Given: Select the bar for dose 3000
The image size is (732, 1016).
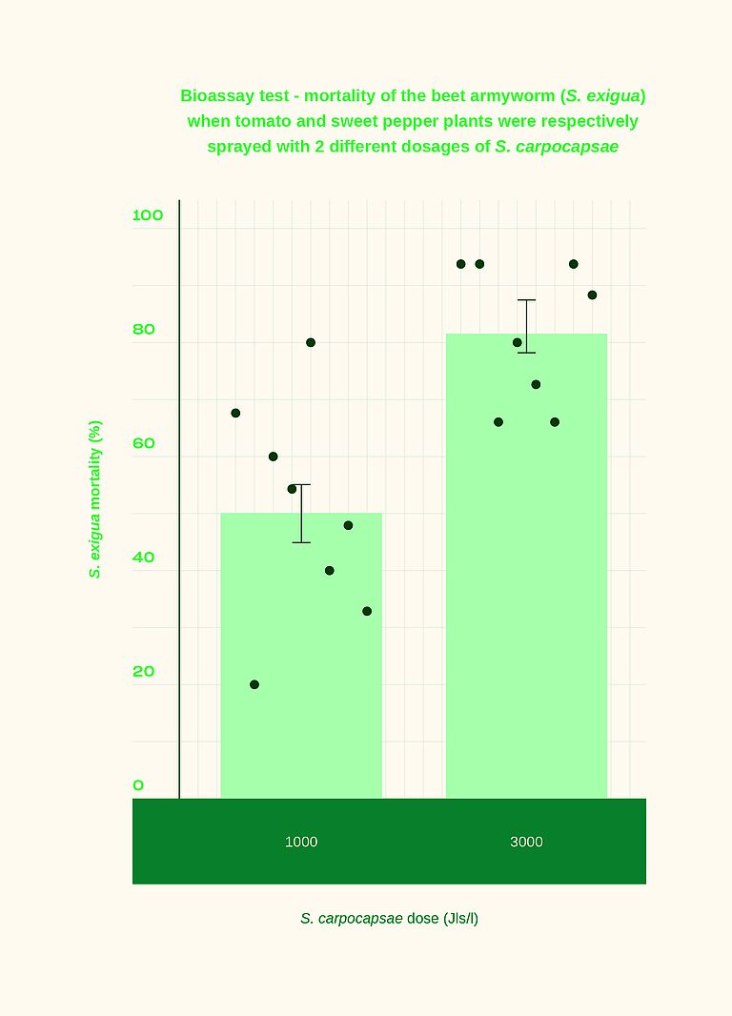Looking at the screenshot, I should [x=526, y=572].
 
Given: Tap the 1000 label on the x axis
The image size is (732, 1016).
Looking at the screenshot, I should [x=301, y=842].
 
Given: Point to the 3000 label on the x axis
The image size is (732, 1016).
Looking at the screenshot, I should [x=526, y=842].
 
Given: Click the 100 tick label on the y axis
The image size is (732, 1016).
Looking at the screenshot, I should [x=148, y=215].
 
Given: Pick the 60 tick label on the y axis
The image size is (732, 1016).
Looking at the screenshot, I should [x=143, y=443].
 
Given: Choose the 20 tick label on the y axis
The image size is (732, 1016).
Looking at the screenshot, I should [x=143, y=672].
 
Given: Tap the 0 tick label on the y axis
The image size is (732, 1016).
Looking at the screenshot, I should [x=138, y=785].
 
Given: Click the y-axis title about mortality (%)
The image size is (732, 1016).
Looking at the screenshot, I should [x=95, y=498].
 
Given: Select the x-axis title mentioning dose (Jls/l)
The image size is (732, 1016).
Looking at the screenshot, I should [x=389, y=919].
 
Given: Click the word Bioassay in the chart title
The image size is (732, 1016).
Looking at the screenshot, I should [x=218, y=96].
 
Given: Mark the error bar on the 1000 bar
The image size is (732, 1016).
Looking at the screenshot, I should [x=301, y=514].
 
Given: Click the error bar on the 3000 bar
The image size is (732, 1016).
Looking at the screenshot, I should [x=526, y=326].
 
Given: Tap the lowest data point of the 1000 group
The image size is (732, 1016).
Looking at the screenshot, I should [x=254, y=684].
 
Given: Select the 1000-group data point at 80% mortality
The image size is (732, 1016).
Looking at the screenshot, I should [x=311, y=342].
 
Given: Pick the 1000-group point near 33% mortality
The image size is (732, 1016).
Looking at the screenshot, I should [x=367, y=611].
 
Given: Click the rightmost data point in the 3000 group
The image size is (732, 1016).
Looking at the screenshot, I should [x=592, y=295].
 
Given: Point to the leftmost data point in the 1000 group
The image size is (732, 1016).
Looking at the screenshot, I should [x=235, y=413].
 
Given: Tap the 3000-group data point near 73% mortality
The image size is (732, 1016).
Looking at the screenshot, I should [x=536, y=384].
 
